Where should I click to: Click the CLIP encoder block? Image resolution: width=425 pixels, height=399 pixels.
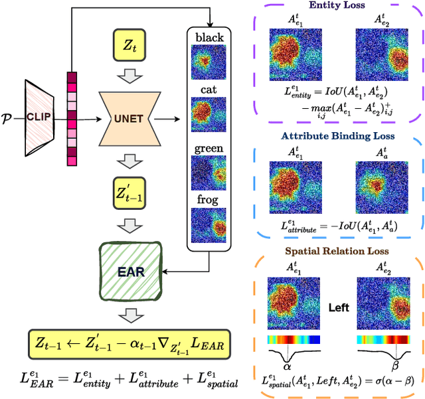40,118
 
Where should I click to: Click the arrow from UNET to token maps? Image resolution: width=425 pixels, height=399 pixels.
174,120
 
